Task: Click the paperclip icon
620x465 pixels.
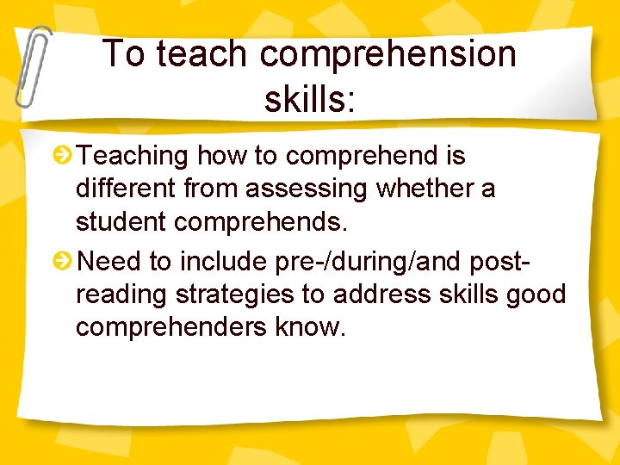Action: click(x=32, y=65)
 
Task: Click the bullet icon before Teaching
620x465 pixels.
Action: click(x=63, y=156)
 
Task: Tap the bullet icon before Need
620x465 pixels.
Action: click(x=63, y=259)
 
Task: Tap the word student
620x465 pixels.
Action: click(x=121, y=222)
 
